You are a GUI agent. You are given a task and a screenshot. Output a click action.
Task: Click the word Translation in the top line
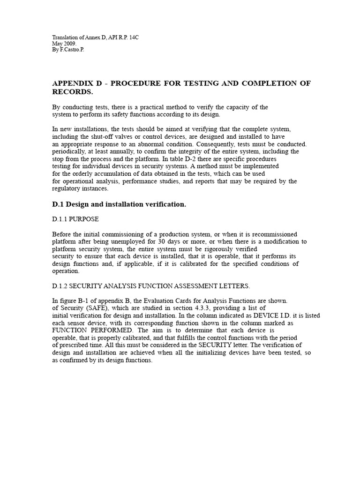(64, 37)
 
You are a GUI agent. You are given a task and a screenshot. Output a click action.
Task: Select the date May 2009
(63, 43)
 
